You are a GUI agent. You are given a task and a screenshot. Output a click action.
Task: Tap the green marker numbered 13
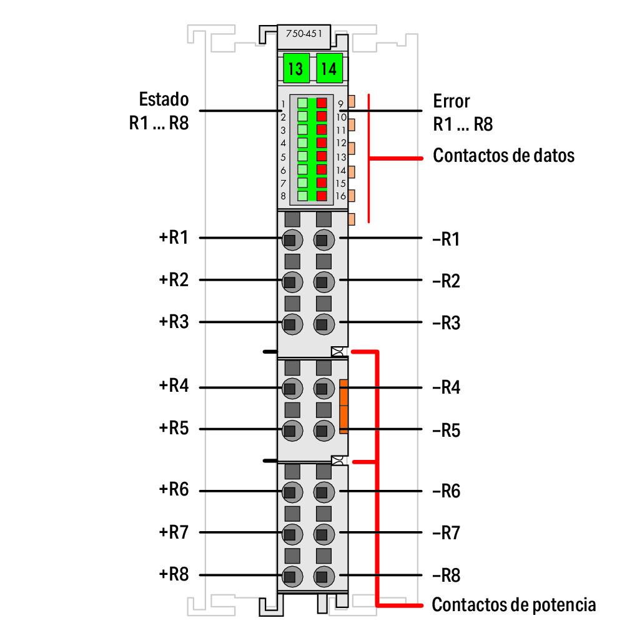[x=295, y=68]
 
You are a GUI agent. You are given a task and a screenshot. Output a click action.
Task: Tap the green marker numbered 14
[x=328, y=68]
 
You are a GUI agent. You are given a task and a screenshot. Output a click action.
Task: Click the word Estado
[x=163, y=99]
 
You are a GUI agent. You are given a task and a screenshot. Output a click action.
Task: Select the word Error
[x=451, y=101]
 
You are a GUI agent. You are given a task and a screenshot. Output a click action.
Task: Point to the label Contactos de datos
[x=503, y=155]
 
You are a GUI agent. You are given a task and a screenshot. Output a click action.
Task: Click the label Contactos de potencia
[x=513, y=605]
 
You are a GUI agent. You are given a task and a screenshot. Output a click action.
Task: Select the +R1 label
[x=174, y=237]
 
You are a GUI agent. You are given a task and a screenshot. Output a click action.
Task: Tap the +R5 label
[x=174, y=429]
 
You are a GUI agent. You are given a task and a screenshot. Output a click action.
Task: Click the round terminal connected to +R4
[x=290, y=388]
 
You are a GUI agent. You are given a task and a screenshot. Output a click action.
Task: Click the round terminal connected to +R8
[x=290, y=576]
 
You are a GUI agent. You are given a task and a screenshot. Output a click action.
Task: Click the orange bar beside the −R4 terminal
[x=343, y=406]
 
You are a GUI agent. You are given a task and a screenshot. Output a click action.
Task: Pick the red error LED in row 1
[x=322, y=103]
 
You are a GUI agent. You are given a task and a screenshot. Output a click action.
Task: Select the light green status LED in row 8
[x=302, y=196]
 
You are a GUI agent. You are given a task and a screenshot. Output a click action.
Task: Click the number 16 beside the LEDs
[x=341, y=196]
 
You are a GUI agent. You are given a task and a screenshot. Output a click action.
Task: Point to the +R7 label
[x=174, y=533]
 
